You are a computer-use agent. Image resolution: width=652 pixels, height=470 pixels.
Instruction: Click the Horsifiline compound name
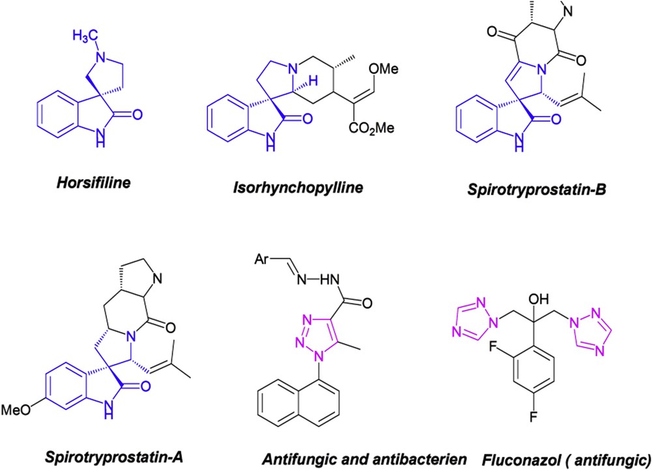pos(98,183)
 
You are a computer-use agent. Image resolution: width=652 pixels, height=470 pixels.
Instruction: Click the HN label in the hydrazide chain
pos(327,283)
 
